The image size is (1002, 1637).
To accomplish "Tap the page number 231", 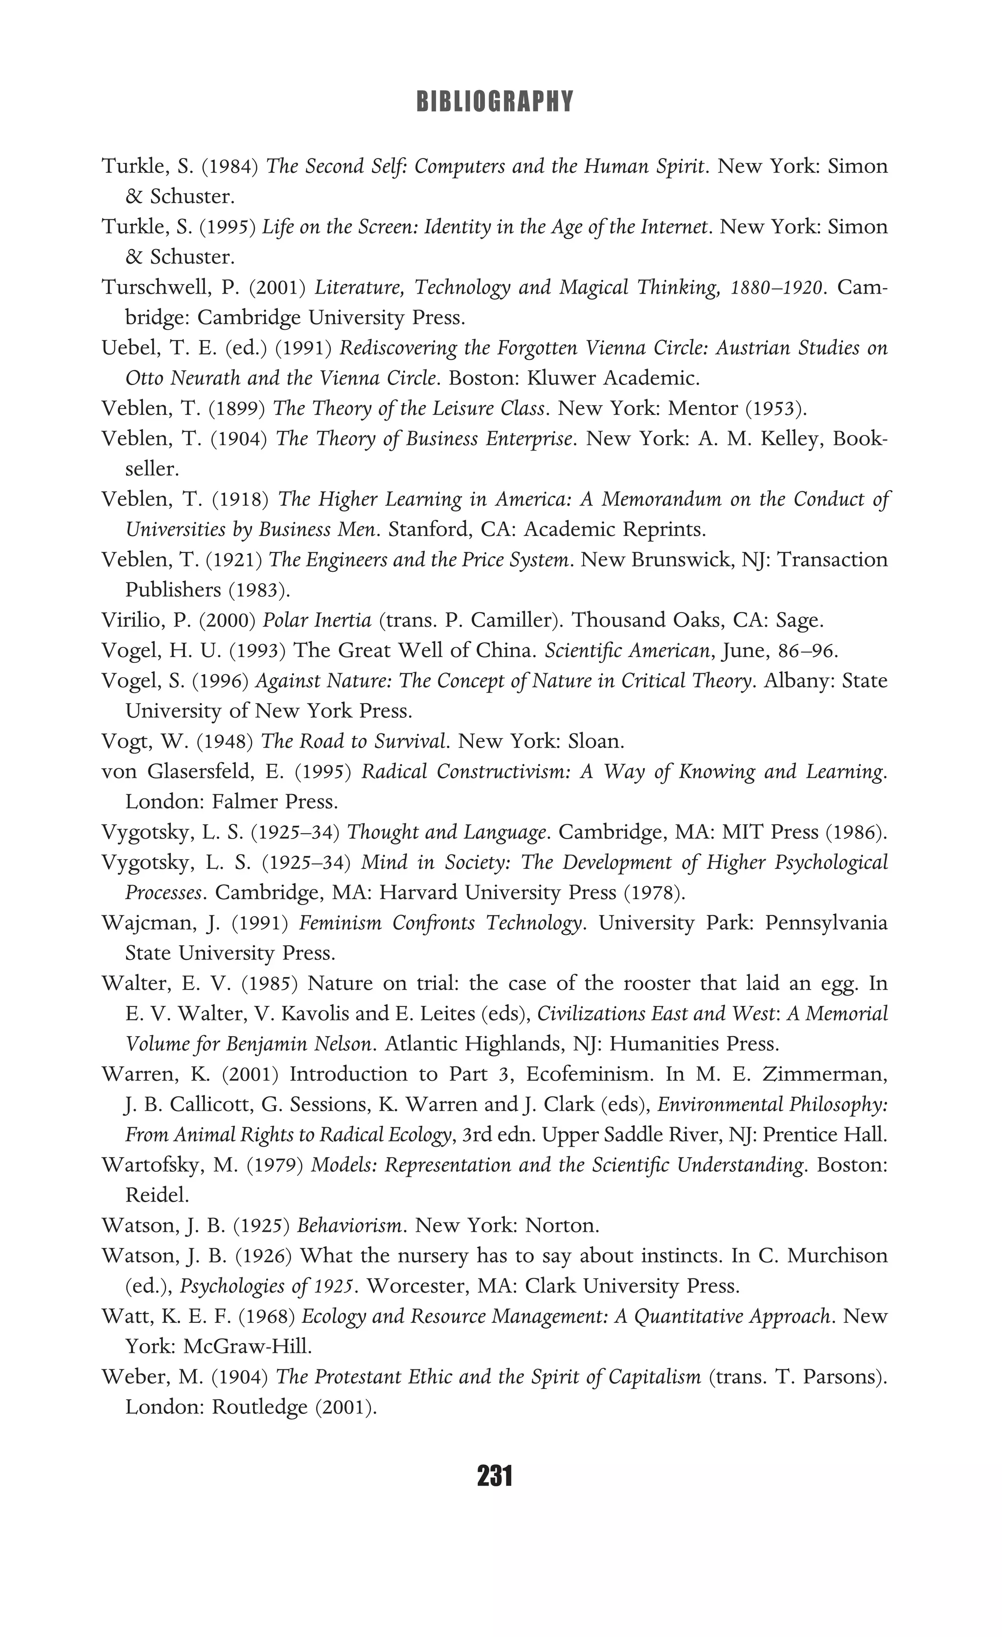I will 494,1477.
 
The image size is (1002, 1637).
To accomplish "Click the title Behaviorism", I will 349,1226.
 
